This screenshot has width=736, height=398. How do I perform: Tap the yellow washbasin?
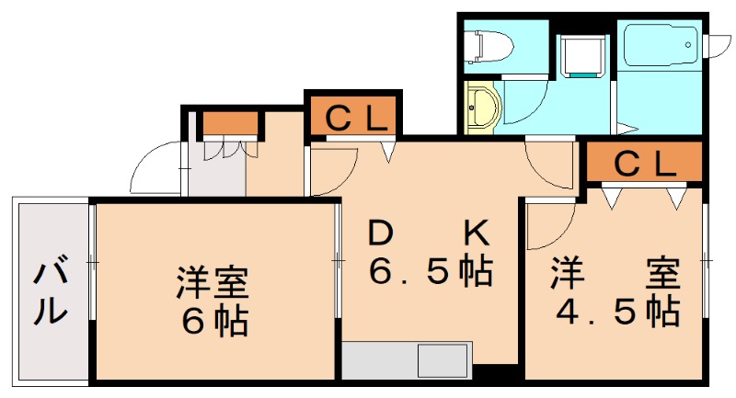[478, 108]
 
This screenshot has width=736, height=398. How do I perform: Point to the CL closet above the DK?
[352, 116]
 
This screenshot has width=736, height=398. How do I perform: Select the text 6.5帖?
[430, 272]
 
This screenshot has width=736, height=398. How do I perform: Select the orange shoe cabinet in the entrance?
[229, 123]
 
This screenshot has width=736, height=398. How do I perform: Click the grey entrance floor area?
[215, 175]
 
